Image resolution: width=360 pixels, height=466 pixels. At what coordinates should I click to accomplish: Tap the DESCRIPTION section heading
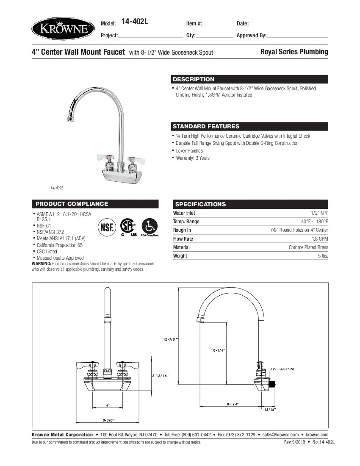point(194,79)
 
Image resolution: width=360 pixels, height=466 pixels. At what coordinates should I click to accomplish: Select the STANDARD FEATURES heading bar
point(206,126)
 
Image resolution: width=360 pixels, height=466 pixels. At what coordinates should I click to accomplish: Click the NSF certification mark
point(107,227)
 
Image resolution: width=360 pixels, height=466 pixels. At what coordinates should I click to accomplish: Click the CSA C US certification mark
point(128,227)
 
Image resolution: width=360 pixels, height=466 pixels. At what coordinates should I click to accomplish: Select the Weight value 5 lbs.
point(322,256)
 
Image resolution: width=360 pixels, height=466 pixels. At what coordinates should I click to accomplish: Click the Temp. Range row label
point(186,222)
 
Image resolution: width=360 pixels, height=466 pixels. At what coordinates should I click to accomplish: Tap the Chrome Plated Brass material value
point(308,247)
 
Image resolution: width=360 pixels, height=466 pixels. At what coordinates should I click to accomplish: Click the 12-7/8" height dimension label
point(170,339)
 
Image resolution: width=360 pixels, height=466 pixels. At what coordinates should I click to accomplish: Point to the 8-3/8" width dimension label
point(108,420)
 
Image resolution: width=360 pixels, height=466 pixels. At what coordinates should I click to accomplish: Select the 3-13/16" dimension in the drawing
point(160,376)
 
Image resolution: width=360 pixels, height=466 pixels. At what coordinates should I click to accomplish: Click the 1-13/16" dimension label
point(268,410)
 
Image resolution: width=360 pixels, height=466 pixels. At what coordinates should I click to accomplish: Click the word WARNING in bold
point(41,264)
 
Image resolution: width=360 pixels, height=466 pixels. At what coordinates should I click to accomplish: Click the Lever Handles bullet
point(189,151)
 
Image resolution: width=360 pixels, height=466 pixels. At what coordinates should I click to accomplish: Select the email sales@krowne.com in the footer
point(280,435)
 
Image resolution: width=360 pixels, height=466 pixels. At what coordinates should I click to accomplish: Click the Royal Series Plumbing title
point(294,52)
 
